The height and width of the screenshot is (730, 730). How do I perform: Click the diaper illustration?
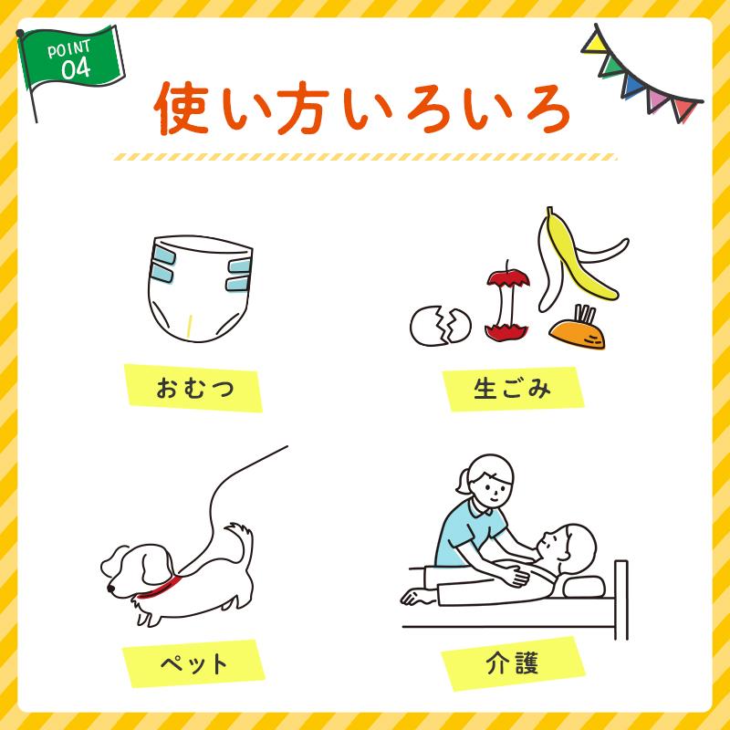pyautogui.click(x=199, y=292)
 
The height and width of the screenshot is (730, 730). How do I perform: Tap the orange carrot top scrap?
pyautogui.click(x=580, y=333)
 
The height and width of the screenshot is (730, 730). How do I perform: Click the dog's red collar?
pyautogui.click(x=160, y=585)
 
